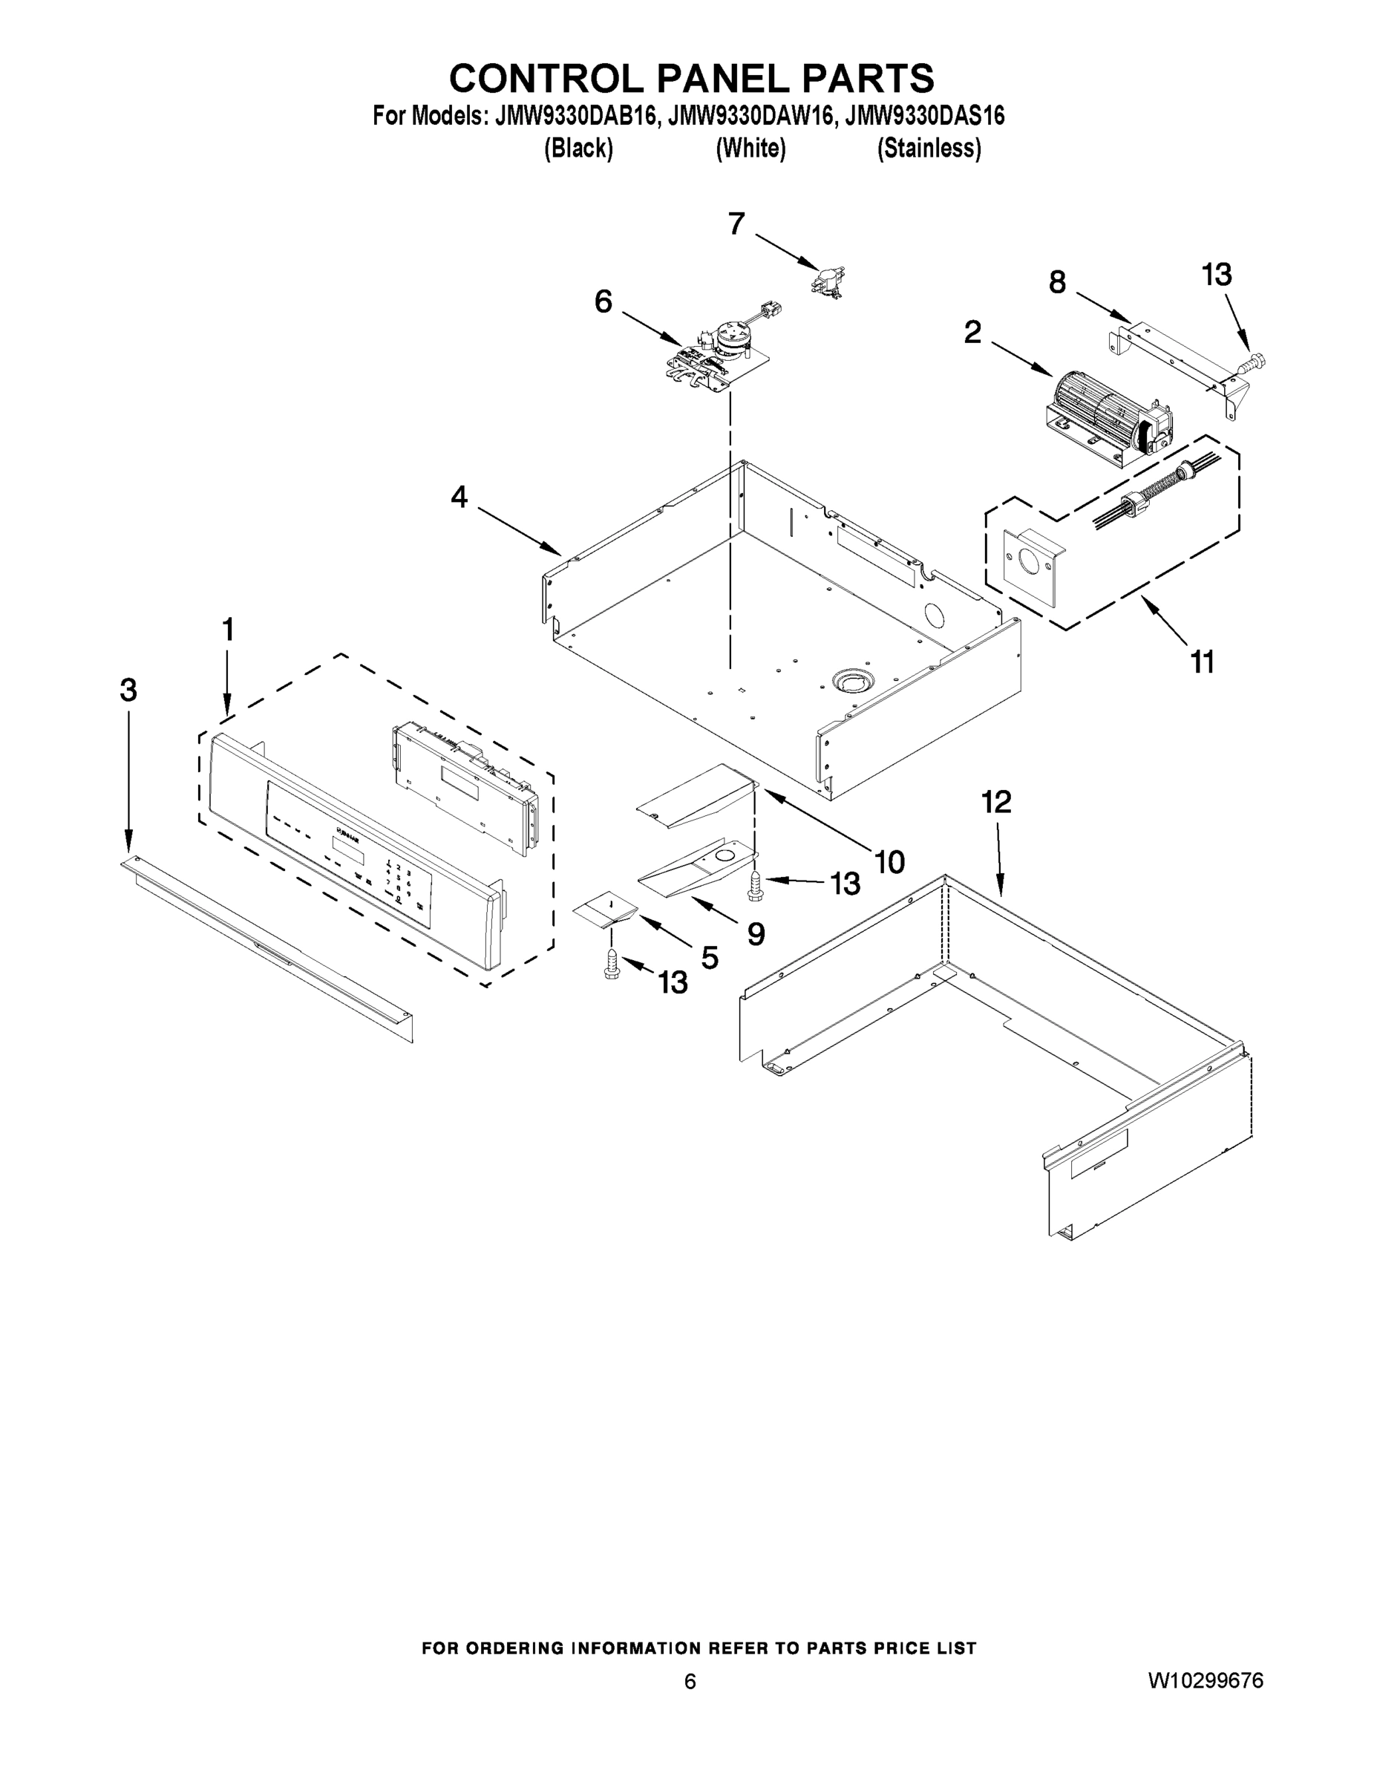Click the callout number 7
coord(736,223)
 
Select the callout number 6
coord(603,302)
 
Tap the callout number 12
coord(996,802)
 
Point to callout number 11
coord(1203,662)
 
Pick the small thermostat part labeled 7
coord(826,281)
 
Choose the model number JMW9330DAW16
coord(751,116)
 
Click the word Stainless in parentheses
coord(929,148)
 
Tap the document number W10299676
coord(1206,1680)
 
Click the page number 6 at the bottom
coord(690,1681)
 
